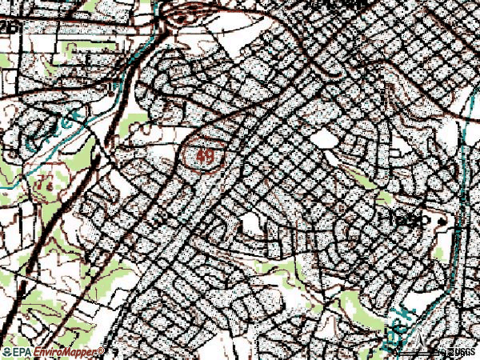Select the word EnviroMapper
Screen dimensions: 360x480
[x=67, y=352]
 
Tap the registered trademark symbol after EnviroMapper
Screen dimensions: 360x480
[x=102, y=350]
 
